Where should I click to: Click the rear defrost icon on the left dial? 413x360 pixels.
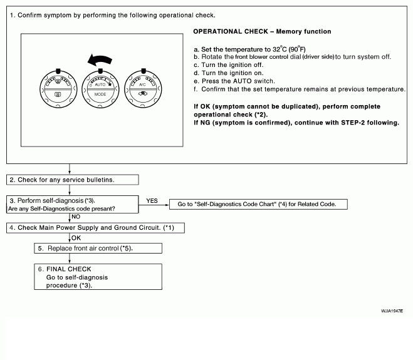(x=58, y=96)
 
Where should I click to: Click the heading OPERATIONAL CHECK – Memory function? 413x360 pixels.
(x=262, y=31)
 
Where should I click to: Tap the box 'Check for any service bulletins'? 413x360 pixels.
(x=73, y=180)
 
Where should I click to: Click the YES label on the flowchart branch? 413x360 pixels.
(x=152, y=201)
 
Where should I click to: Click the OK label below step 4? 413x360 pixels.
(x=76, y=237)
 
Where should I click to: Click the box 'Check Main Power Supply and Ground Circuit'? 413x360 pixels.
(x=95, y=226)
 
